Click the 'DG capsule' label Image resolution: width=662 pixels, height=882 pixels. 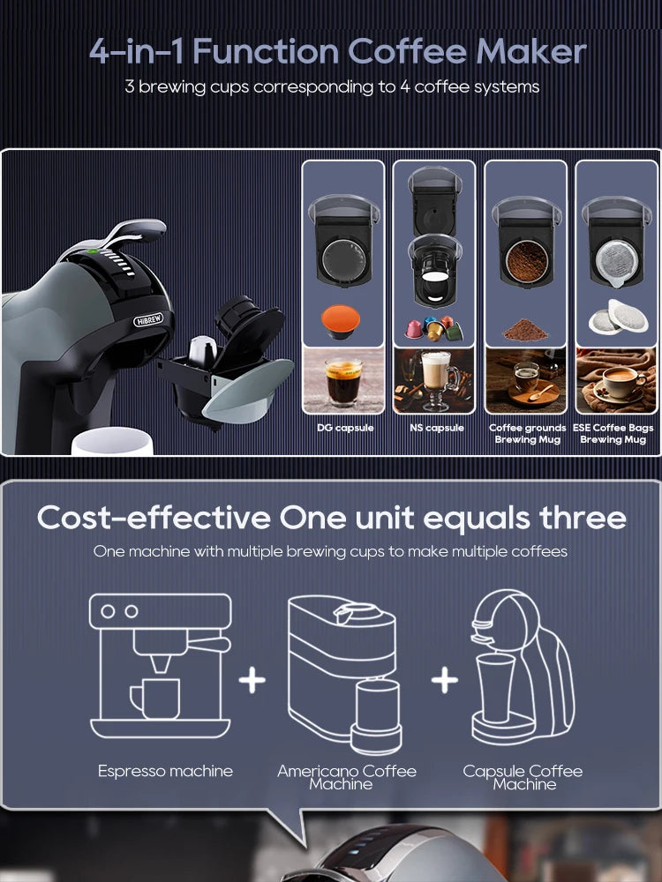345,428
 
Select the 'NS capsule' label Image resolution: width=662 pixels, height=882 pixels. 435,428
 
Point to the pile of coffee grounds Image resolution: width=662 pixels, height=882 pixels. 525,330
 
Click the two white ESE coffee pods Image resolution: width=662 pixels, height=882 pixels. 618,317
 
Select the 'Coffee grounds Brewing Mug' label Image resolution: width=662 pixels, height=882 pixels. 527,433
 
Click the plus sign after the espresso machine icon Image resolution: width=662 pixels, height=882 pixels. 252,679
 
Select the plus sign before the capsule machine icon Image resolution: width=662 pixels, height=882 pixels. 444,679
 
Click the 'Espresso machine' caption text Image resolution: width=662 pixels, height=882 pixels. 165,771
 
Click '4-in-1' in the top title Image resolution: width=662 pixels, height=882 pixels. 137,52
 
